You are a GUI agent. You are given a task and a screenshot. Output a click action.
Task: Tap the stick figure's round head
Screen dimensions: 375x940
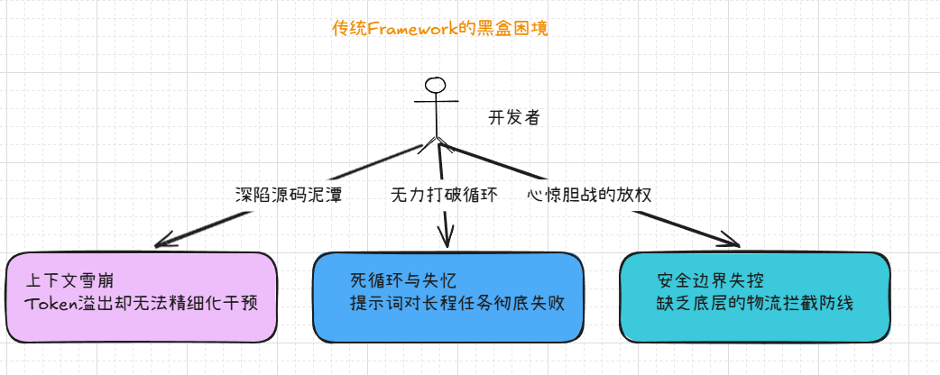[x=436, y=86]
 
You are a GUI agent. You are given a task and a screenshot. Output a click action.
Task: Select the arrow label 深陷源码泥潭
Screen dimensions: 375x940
[x=288, y=195]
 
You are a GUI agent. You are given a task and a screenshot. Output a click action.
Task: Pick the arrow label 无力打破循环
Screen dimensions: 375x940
[x=444, y=195]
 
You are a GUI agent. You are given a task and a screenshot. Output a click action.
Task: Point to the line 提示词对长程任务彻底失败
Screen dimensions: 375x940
[x=457, y=303]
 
